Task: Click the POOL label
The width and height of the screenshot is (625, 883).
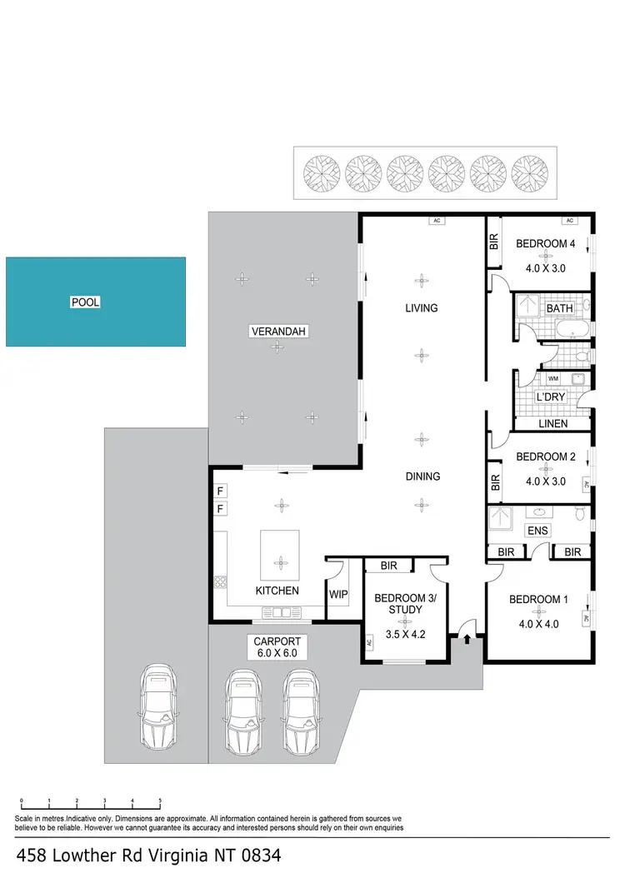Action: coord(85,302)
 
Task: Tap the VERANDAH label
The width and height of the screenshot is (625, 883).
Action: coord(279,332)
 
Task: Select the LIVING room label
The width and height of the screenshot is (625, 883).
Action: coord(421,308)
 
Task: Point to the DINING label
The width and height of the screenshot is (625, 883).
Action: coord(422,476)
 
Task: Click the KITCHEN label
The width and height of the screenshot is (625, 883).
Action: coord(277,591)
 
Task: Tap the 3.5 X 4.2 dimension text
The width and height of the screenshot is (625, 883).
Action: coord(398,634)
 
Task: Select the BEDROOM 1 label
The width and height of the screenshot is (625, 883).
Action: coord(534,600)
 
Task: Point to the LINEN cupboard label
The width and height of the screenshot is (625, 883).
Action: coord(553,424)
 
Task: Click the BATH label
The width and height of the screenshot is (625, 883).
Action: coord(560,308)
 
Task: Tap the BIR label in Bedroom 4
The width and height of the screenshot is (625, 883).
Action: coord(493,242)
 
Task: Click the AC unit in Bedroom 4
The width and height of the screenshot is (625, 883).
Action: coord(570,221)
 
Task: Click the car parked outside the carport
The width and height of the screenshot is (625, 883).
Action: coord(157,706)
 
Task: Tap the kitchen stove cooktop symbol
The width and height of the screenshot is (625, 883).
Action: coord(221,581)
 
